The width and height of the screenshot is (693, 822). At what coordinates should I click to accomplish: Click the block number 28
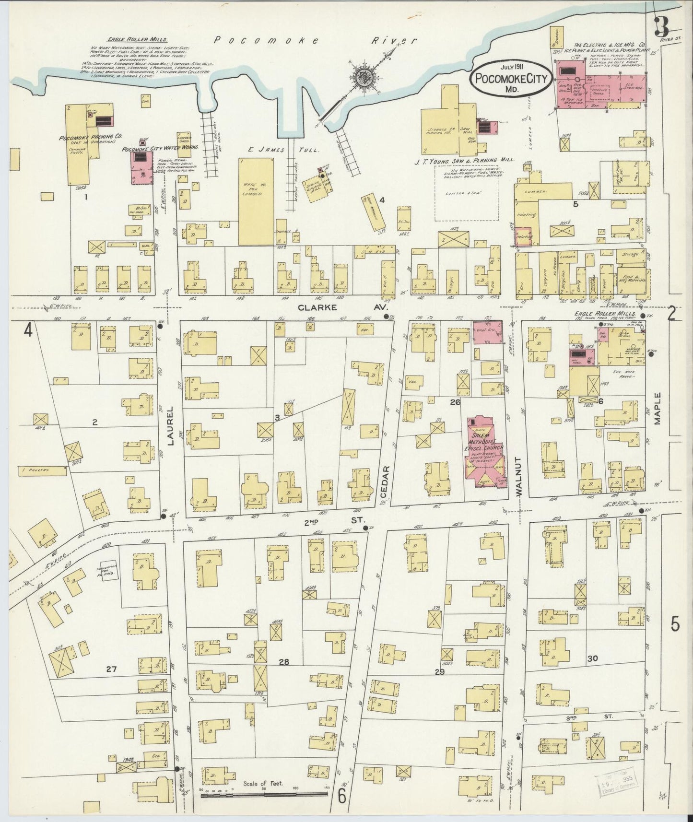284,662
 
